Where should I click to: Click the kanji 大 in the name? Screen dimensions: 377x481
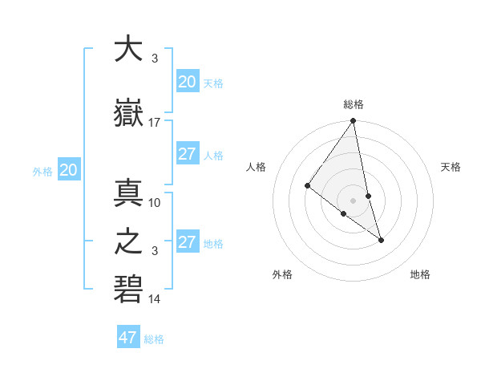128,50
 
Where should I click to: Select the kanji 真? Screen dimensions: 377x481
128,193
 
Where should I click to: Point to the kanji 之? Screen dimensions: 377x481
128,241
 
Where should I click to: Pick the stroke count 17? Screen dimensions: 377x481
155,123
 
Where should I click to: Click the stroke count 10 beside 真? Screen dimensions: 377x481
155,202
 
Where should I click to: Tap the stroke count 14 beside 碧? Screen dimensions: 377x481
155,299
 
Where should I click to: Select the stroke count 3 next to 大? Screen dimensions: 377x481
155,59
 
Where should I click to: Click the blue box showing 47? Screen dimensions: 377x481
128,338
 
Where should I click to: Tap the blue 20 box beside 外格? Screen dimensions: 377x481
69,170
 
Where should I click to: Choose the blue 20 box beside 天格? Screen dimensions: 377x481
188,82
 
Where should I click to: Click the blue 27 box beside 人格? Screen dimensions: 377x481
188,154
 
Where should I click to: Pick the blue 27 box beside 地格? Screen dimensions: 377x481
188,242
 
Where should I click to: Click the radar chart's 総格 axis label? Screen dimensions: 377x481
354,104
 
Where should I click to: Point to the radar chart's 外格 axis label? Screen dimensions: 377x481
282,275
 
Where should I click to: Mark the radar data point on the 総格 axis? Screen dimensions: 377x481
353,122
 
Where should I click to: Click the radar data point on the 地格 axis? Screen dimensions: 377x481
381,239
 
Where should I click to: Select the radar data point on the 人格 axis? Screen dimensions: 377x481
307,186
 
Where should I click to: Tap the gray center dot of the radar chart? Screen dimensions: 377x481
353,200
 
